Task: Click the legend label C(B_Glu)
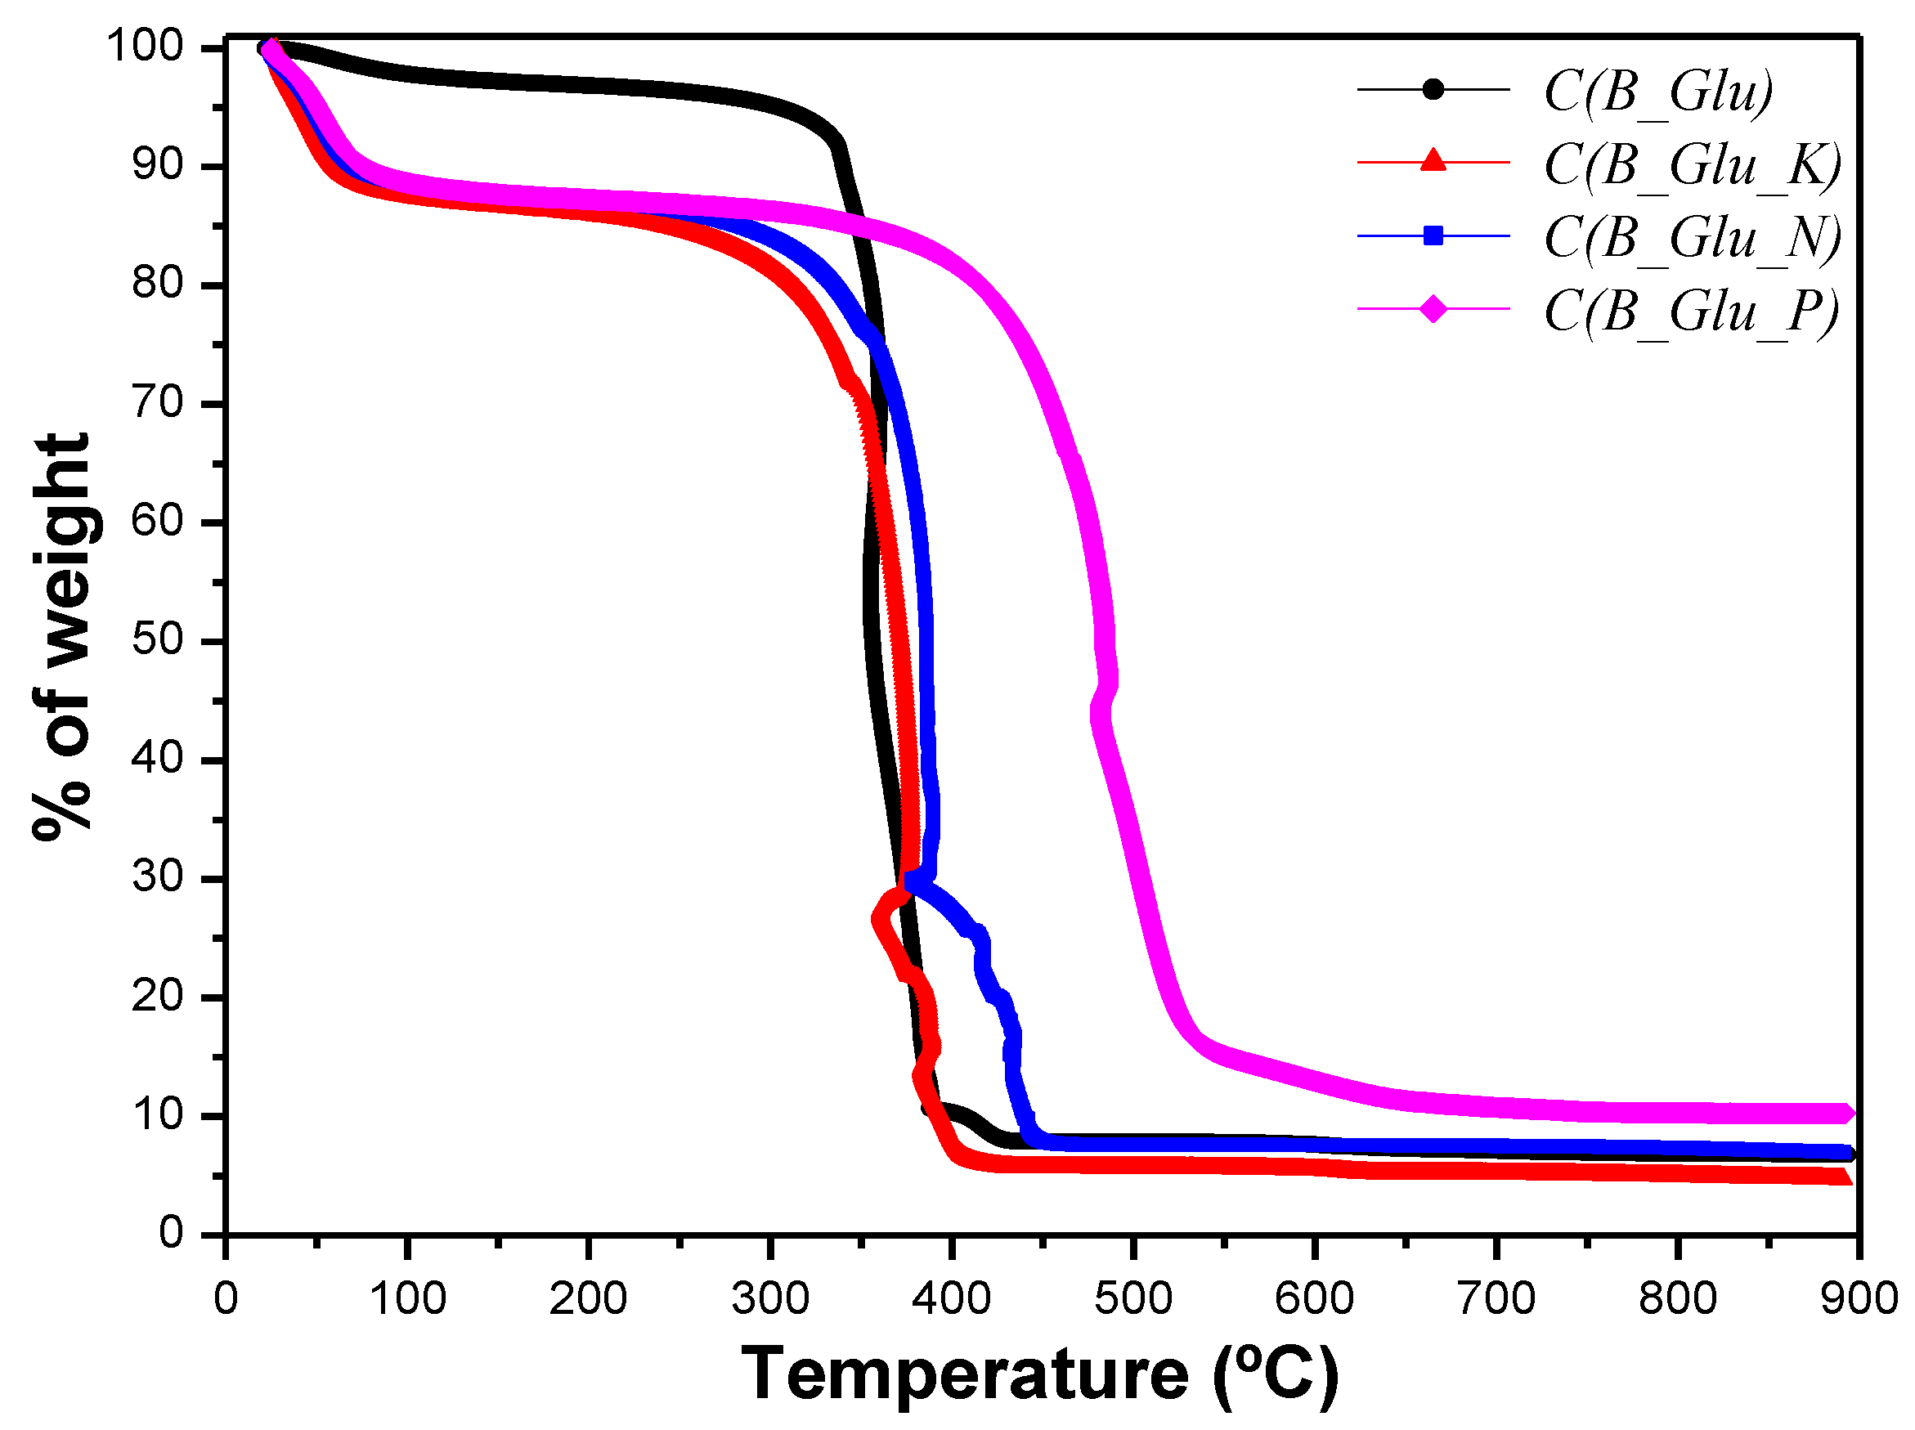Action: click(1658, 91)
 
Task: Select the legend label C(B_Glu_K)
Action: click(1692, 164)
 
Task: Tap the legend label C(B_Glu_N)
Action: click(1692, 237)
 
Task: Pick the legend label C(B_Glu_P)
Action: click(1691, 311)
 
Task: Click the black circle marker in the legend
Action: click(1433, 89)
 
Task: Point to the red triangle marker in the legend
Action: click(1433, 162)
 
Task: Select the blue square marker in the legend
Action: click(1433, 235)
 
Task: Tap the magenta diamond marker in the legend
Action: click(1433, 308)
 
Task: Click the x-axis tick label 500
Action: click(1132, 1299)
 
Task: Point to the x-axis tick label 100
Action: click(407, 1299)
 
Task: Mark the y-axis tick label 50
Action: click(159, 639)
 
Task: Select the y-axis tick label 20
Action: click(159, 997)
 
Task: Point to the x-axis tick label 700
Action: click(1495, 1299)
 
